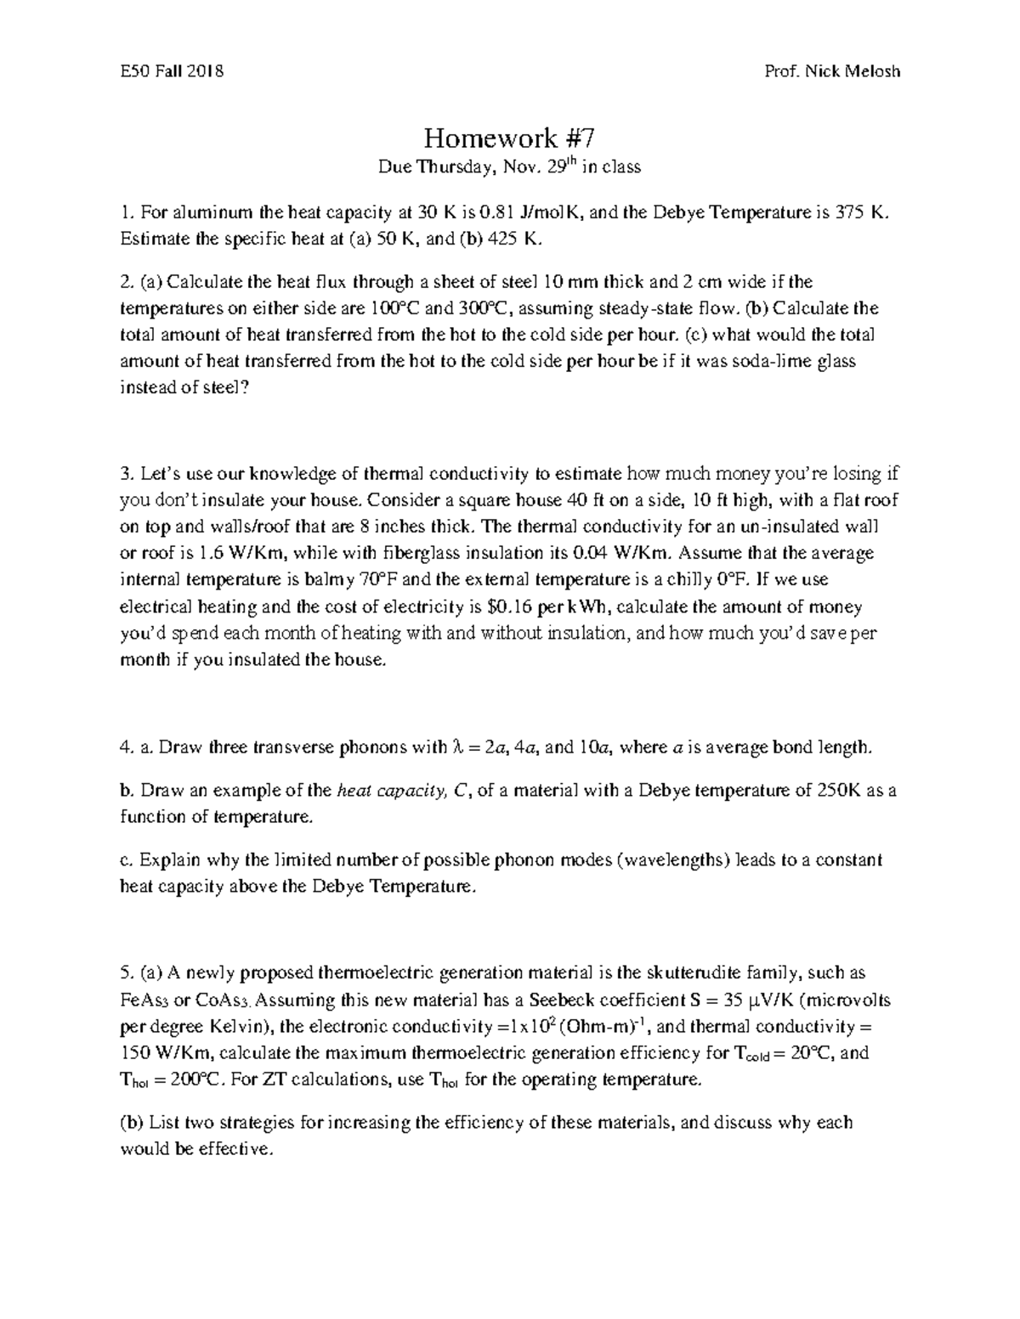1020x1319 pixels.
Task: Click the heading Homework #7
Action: click(509, 138)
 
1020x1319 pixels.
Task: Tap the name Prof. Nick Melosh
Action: click(832, 71)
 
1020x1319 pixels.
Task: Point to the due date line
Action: click(509, 167)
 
